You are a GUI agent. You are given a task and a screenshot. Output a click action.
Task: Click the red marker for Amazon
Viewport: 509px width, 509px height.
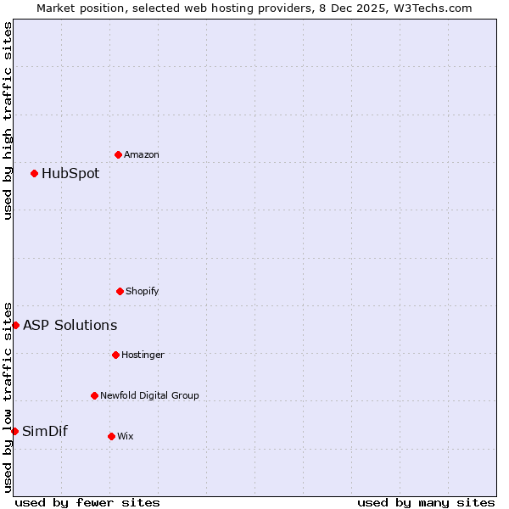[119, 154]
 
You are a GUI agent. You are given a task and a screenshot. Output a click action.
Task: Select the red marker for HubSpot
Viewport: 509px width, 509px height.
[34, 173]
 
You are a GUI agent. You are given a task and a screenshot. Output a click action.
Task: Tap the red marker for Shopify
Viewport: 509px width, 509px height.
[120, 291]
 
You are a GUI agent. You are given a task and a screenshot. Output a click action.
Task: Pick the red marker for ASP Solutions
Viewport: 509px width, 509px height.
[15, 325]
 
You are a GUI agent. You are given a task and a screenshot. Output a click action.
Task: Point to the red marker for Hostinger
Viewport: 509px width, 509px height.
[115, 355]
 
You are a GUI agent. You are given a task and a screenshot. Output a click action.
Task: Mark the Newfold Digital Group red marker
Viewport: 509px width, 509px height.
[94, 395]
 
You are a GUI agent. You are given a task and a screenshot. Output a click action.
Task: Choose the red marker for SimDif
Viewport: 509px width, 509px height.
[14, 431]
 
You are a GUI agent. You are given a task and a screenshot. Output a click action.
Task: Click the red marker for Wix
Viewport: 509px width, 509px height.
[111, 436]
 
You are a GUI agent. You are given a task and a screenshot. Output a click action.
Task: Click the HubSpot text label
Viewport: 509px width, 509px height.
[70, 174]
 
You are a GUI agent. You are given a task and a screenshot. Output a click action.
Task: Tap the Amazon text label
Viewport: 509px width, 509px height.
[142, 154]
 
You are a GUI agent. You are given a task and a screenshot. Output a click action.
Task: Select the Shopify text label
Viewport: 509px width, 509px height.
[142, 291]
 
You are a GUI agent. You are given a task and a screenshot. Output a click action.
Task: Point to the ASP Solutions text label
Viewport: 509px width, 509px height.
[70, 326]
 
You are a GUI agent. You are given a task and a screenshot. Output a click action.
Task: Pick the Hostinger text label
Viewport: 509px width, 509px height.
[143, 355]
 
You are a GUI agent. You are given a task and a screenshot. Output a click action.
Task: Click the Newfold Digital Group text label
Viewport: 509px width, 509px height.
[149, 395]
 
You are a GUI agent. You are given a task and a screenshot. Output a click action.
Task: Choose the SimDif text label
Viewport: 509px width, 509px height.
[45, 431]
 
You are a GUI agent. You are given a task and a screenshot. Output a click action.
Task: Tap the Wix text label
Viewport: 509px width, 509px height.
[126, 436]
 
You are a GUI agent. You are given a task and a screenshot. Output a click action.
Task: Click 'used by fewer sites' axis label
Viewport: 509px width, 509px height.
[87, 502]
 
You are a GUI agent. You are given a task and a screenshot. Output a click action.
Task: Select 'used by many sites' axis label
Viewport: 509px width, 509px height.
[426, 502]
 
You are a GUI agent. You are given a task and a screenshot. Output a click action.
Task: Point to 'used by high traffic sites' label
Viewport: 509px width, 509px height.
[8, 120]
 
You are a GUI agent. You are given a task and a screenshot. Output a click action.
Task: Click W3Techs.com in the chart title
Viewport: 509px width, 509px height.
[433, 8]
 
